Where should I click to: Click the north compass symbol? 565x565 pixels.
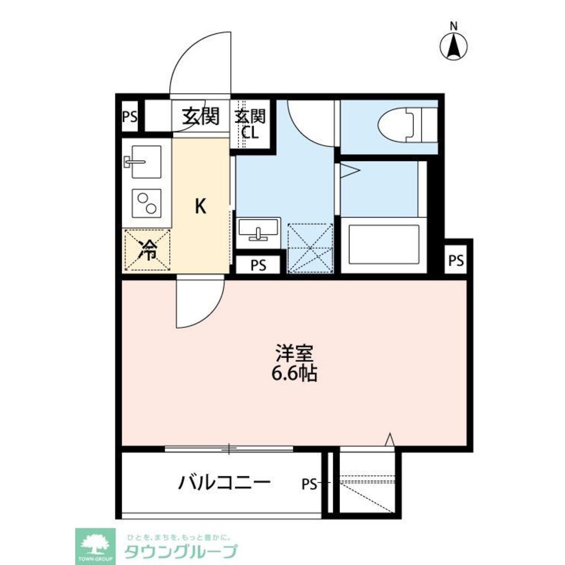pos(454,46)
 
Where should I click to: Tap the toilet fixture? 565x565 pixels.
pos(406,123)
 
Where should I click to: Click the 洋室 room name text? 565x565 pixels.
pos(294,354)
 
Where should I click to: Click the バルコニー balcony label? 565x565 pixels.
pos(225,483)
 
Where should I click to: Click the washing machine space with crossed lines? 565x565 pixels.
pos(310,248)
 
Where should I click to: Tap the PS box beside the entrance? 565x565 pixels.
pos(130,118)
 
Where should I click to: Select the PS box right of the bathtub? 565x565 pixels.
pos(456,260)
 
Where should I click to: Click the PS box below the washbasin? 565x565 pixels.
pos(257,264)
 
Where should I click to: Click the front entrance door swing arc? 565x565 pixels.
pos(201,65)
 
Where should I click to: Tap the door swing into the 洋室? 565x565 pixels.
pos(198,303)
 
